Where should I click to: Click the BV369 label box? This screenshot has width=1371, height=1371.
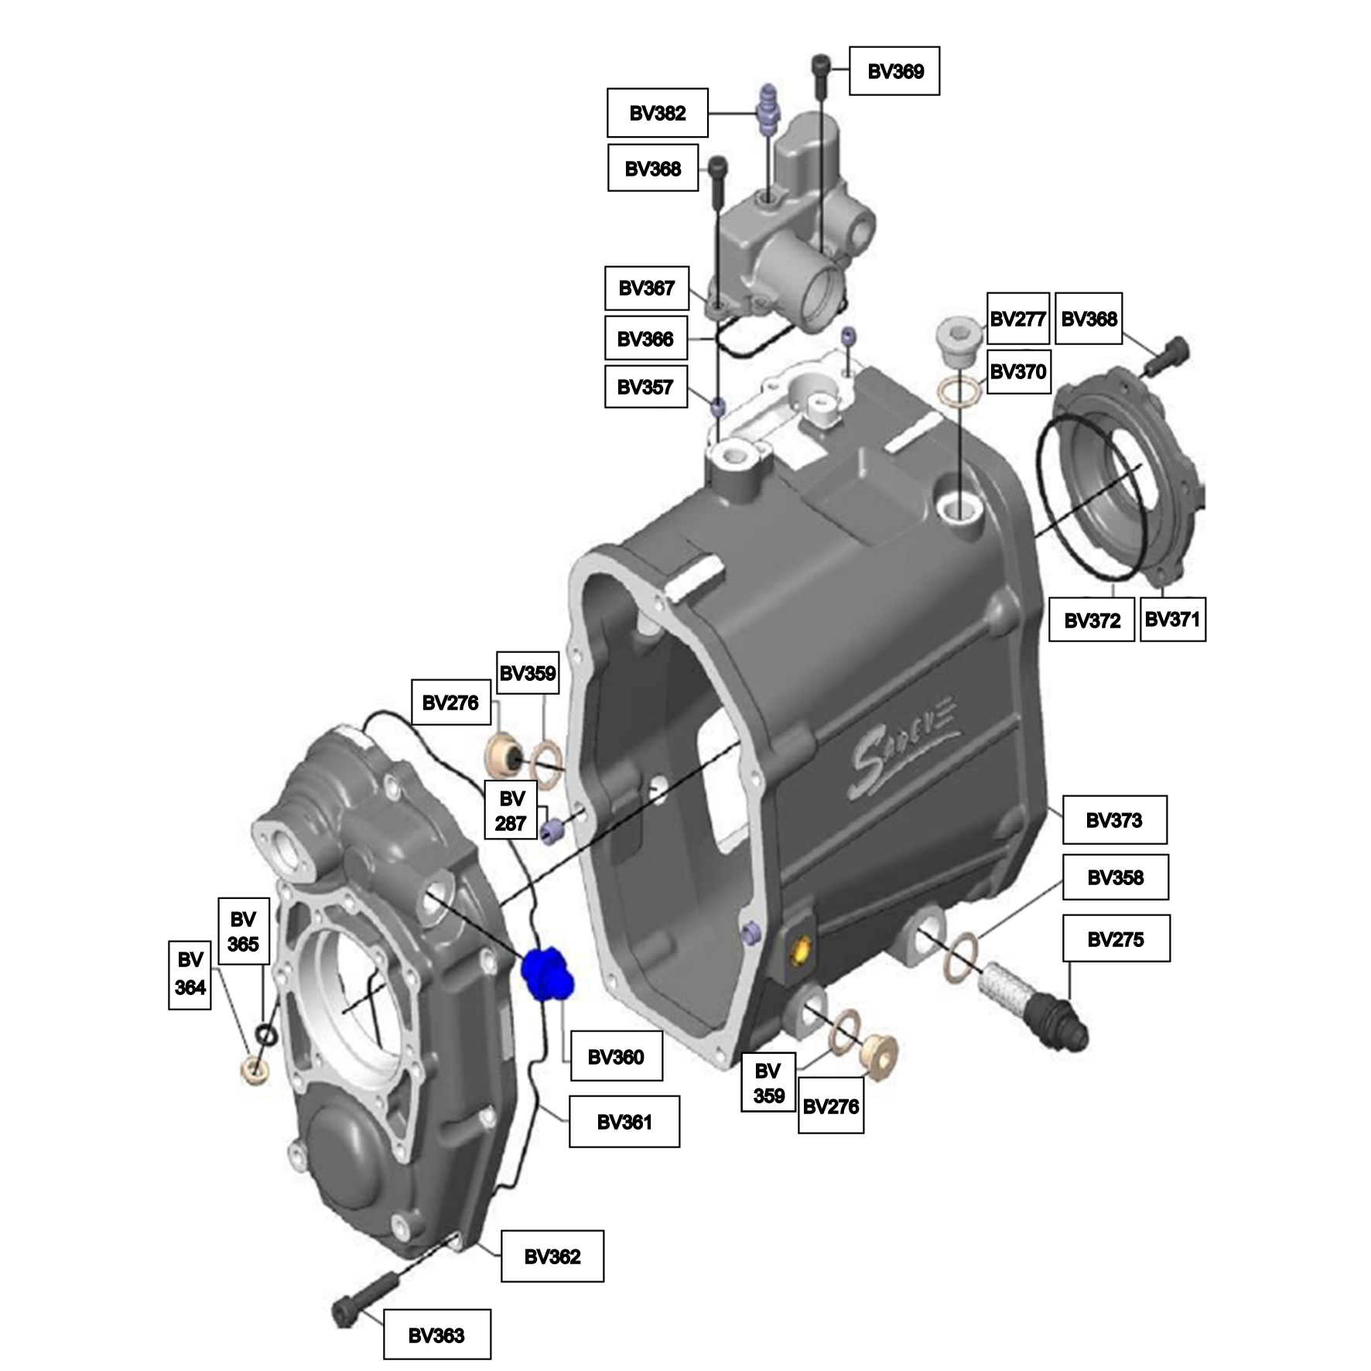pos(894,71)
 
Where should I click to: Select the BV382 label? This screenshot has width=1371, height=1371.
pos(658,113)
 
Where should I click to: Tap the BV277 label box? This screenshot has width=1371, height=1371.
pos(1018,319)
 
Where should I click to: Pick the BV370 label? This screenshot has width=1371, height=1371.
pos(1018,371)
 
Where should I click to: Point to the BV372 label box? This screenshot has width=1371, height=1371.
pos(1092,620)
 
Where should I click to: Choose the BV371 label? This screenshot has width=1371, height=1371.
pos(1172,619)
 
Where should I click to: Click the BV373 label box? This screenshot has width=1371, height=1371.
pos(1114,820)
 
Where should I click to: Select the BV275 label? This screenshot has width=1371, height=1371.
pos(1116,939)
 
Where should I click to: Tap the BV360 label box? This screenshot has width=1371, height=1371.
pos(616,1056)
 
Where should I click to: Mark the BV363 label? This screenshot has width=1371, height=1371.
pos(436,1335)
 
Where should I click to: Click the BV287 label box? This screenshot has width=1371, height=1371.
pos(511,810)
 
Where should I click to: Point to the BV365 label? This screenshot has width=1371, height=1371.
pos(243,931)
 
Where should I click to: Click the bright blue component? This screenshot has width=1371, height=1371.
pos(548,972)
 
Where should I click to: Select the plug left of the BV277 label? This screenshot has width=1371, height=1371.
pos(959,340)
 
